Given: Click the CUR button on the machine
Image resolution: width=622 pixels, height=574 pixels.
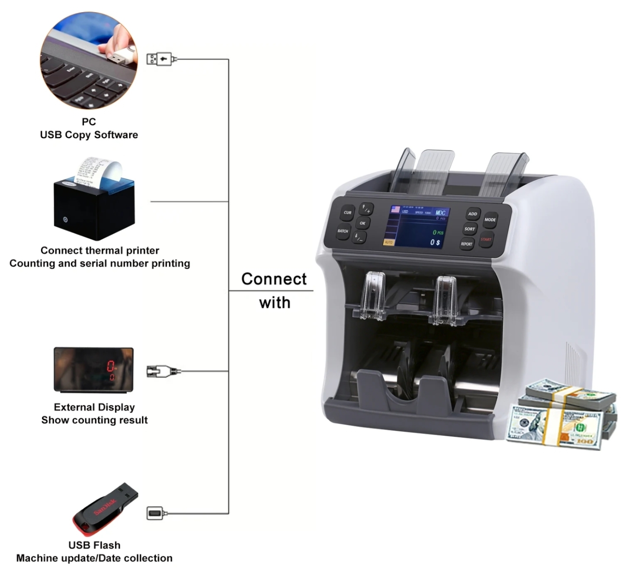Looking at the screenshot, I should pyautogui.click(x=347, y=212).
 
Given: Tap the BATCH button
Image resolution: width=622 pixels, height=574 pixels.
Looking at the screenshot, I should pyautogui.click(x=343, y=232).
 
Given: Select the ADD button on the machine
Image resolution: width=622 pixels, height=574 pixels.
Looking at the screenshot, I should pyautogui.click(x=472, y=214).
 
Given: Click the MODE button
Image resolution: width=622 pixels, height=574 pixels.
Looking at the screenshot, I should pyautogui.click(x=490, y=220).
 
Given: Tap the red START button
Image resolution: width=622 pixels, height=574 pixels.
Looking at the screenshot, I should pyautogui.click(x=486, y=239).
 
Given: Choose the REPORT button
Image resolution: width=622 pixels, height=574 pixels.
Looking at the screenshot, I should pyautogui.click(x=466, y=244).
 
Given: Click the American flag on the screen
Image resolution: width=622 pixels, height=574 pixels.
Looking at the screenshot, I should pyautogui.click(x=395, y=209).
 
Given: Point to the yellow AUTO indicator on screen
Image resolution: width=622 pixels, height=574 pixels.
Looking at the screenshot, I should pyautogui.click(x=388, y=242).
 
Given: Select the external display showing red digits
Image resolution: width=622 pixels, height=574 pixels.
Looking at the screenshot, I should pyautogui.click(x=93, y=370).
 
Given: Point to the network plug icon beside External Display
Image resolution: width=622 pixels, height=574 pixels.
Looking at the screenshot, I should pyautogui.click(x=162, y=371).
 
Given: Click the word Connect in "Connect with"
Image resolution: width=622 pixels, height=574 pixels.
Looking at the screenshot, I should pyautogui.click(x=273, y=279).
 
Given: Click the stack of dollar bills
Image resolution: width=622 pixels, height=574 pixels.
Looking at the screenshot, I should pyautogui.click(x=561, y=415).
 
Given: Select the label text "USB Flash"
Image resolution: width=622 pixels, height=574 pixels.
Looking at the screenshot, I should pyautogui.click(x=94, y=545).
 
